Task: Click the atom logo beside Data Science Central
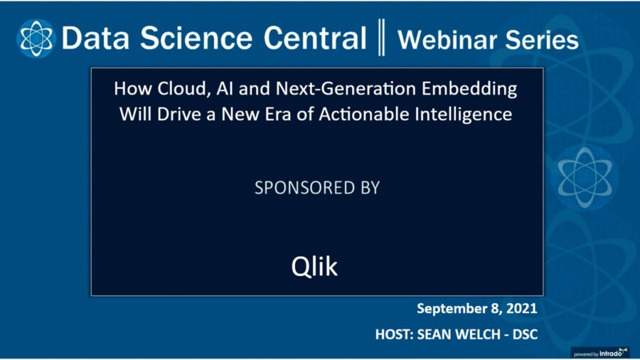coord(36,38)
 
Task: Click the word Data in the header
coord(93,38)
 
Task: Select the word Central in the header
coord(314,38)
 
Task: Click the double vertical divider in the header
coord(381,38)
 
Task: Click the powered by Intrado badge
coord(601,351)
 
